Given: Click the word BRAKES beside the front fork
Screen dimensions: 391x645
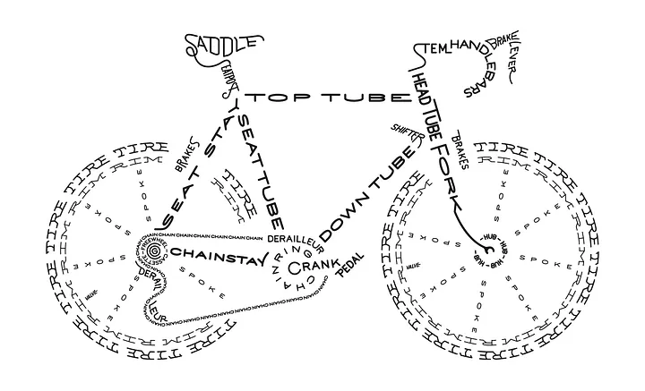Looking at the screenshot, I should click(462, 149).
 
